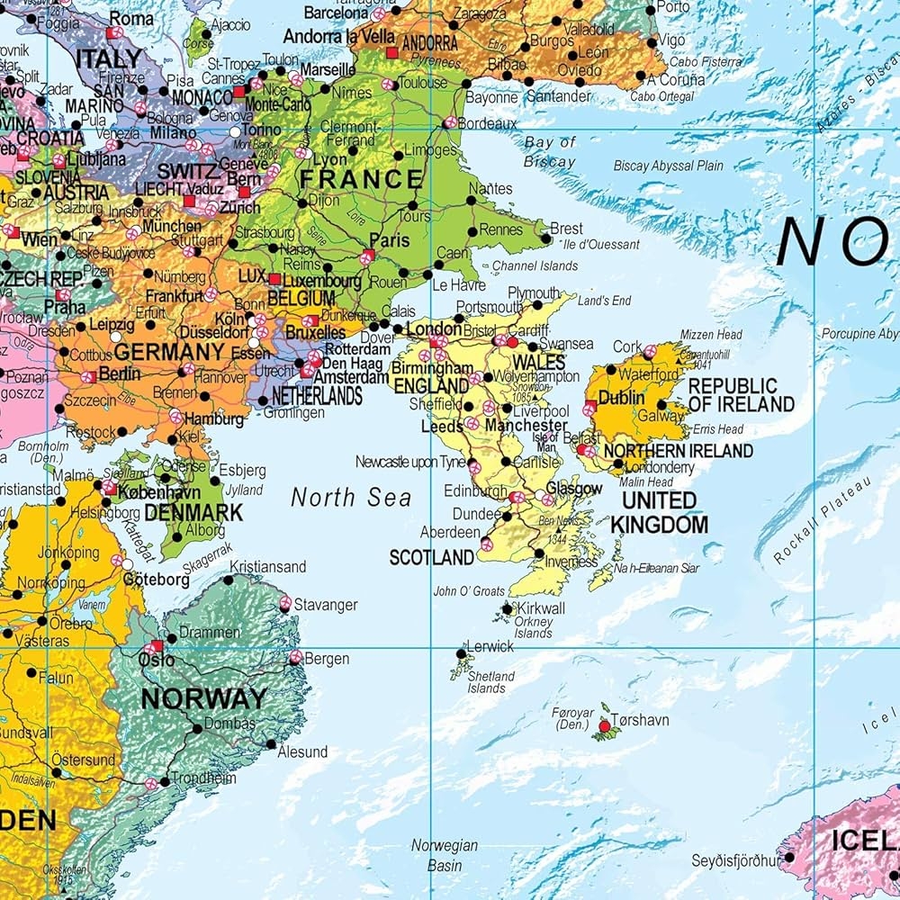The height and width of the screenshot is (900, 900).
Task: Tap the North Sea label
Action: point(350,498)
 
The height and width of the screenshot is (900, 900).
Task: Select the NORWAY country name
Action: point(203,697)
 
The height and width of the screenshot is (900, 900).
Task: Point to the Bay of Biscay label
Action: point(550,152)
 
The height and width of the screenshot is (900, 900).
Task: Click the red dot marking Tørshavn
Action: point(605,725)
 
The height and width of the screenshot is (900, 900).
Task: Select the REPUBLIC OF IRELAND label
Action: point(742,395)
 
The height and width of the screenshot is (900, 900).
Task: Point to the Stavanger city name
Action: point(326,605)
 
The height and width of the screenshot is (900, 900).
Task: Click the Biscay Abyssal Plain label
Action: point(668,166)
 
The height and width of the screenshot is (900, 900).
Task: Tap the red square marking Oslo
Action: point(157,646)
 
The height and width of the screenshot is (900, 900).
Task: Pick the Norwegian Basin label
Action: point(445,856)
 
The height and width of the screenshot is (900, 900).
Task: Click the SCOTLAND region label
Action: point(431,558)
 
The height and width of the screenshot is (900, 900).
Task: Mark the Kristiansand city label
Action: point(268,567)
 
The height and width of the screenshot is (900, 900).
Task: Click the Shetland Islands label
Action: point(491,682)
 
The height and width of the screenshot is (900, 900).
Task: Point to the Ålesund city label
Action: point(302,751)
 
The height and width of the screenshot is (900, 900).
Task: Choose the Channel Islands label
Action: point(535,266)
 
